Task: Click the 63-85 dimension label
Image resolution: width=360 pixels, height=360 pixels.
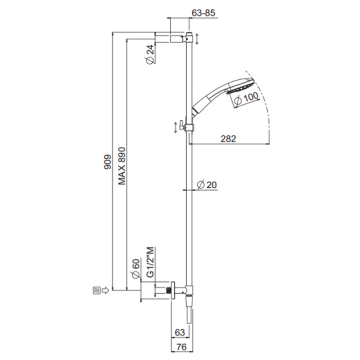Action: (204, 13)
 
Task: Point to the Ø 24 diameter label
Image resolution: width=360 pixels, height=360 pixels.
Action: (150, 55)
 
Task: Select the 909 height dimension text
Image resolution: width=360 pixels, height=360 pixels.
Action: (107, 162)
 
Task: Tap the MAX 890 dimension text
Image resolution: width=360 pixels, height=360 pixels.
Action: (122, 166)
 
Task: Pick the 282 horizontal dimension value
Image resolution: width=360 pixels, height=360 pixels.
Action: (228, 139)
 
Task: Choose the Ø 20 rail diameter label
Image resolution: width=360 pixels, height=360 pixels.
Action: (207, 185)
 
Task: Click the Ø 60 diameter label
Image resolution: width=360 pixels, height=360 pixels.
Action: (136, 268)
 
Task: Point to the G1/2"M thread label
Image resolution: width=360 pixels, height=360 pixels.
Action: (150, 262)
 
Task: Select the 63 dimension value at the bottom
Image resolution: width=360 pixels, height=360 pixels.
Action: (180, 332)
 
